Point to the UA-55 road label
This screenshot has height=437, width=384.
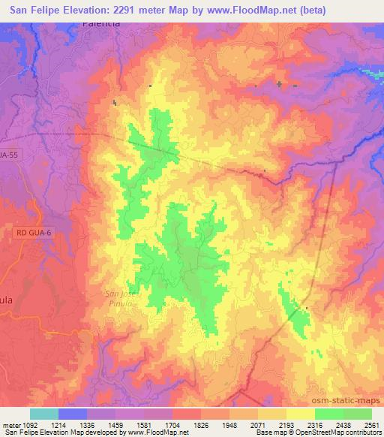pos(9,154)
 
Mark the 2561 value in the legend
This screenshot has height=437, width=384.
pos(372,423)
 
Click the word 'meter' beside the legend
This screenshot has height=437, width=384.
pos(11,423)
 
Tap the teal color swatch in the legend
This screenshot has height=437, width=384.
pos(44,414)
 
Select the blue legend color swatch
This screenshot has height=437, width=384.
pos(73,414)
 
